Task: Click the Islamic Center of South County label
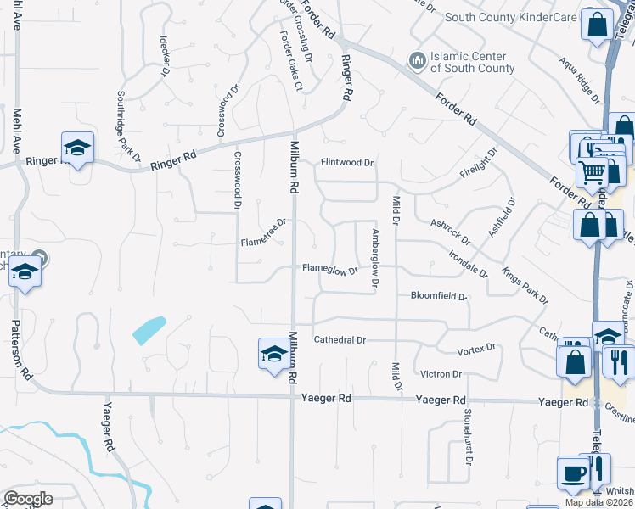tap(473, 63)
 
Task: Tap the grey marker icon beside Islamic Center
tap(417, 60)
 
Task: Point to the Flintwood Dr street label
tap(347, 162)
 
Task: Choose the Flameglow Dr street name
tap(331, 269)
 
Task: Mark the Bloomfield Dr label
tap(439, 297)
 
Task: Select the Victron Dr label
tap(441, 373)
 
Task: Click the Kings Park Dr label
tap(525, 287)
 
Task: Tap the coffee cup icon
tap(570, 472)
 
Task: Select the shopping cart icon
tap(592, 172)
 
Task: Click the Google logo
tap(28, 499)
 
